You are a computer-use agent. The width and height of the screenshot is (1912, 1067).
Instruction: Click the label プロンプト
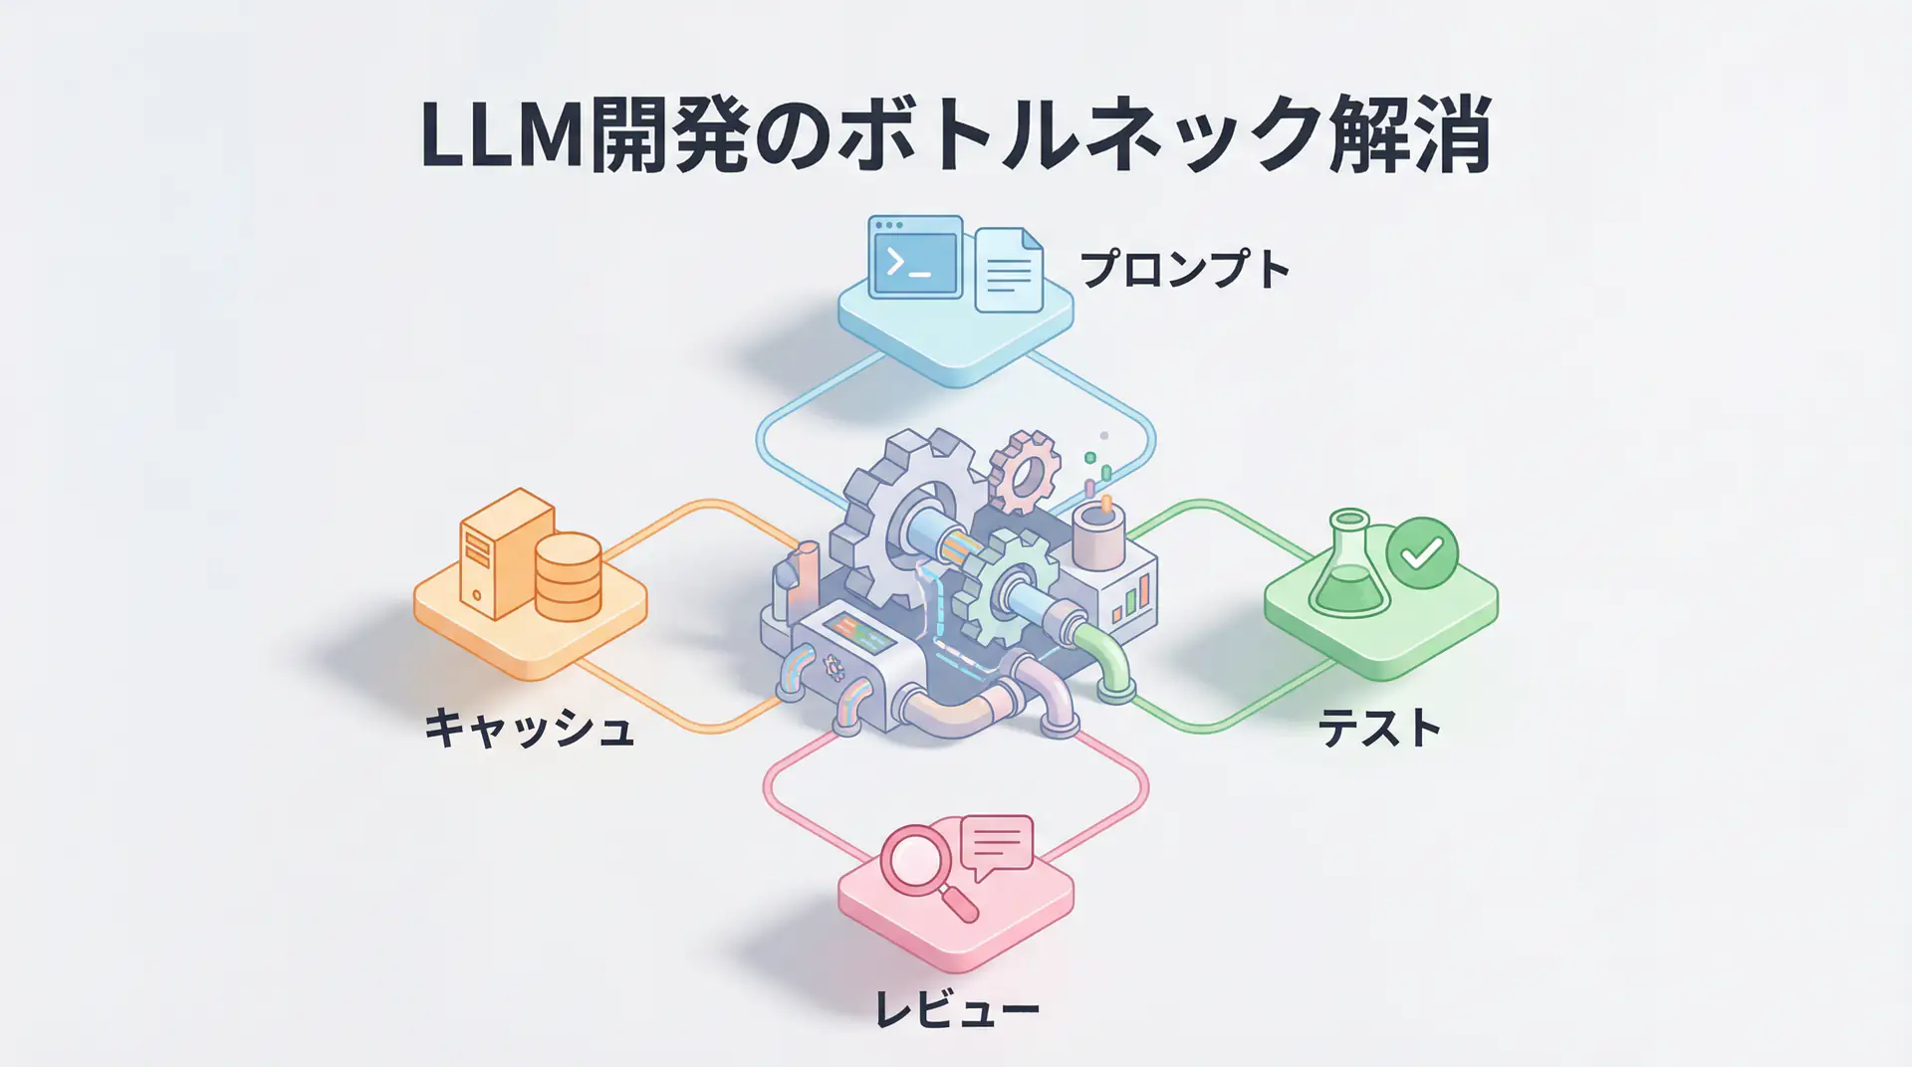click(1185, 269)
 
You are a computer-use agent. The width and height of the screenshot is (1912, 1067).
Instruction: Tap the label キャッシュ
click(529, 728)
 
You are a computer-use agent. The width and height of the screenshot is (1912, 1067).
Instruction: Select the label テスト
click(1379, 728)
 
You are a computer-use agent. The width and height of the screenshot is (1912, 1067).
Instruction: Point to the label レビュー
click(956, 1008)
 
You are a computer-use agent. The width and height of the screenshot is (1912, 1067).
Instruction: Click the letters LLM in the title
click(502, 135)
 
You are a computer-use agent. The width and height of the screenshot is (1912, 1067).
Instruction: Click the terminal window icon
click(915, 258)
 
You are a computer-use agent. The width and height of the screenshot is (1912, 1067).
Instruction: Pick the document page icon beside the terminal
click(1009, 270)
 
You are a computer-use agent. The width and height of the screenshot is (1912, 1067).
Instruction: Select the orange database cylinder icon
click(568, 576)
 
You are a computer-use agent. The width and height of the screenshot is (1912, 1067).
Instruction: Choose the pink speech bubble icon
click(997, 845)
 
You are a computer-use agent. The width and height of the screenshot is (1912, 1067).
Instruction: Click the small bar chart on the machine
click(1135, 597)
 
